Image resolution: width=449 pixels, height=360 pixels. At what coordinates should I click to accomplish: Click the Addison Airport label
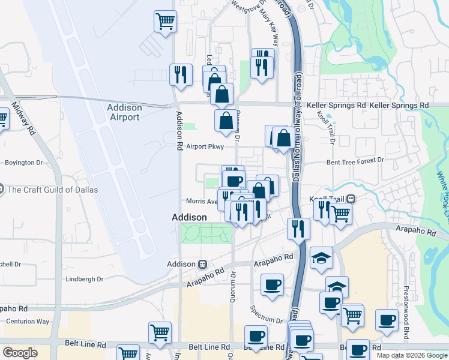tap(124, 112)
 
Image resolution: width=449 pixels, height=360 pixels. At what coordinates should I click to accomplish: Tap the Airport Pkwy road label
tap(205, 146)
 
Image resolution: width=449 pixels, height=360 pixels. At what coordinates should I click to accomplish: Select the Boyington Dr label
tap(24, 162)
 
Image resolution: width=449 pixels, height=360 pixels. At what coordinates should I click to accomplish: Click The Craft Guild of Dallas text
tap(52, 190)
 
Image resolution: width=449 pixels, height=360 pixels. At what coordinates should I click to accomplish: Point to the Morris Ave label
tap(202, 202)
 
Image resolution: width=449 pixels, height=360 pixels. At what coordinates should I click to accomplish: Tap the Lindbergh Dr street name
tap(84, 279)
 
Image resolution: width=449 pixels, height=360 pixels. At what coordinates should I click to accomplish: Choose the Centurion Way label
tap(28, 322)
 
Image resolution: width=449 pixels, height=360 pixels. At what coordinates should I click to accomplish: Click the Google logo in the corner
tap(20, 352)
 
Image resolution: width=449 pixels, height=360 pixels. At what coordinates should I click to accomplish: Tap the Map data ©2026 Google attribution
tap(411, 355)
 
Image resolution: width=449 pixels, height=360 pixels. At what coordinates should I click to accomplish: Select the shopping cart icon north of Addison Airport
tap(165, 22)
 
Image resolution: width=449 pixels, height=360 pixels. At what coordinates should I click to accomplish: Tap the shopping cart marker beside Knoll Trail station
tap(341, 212)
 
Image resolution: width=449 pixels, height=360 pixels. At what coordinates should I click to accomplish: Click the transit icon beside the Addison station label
tap(203, 264)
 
